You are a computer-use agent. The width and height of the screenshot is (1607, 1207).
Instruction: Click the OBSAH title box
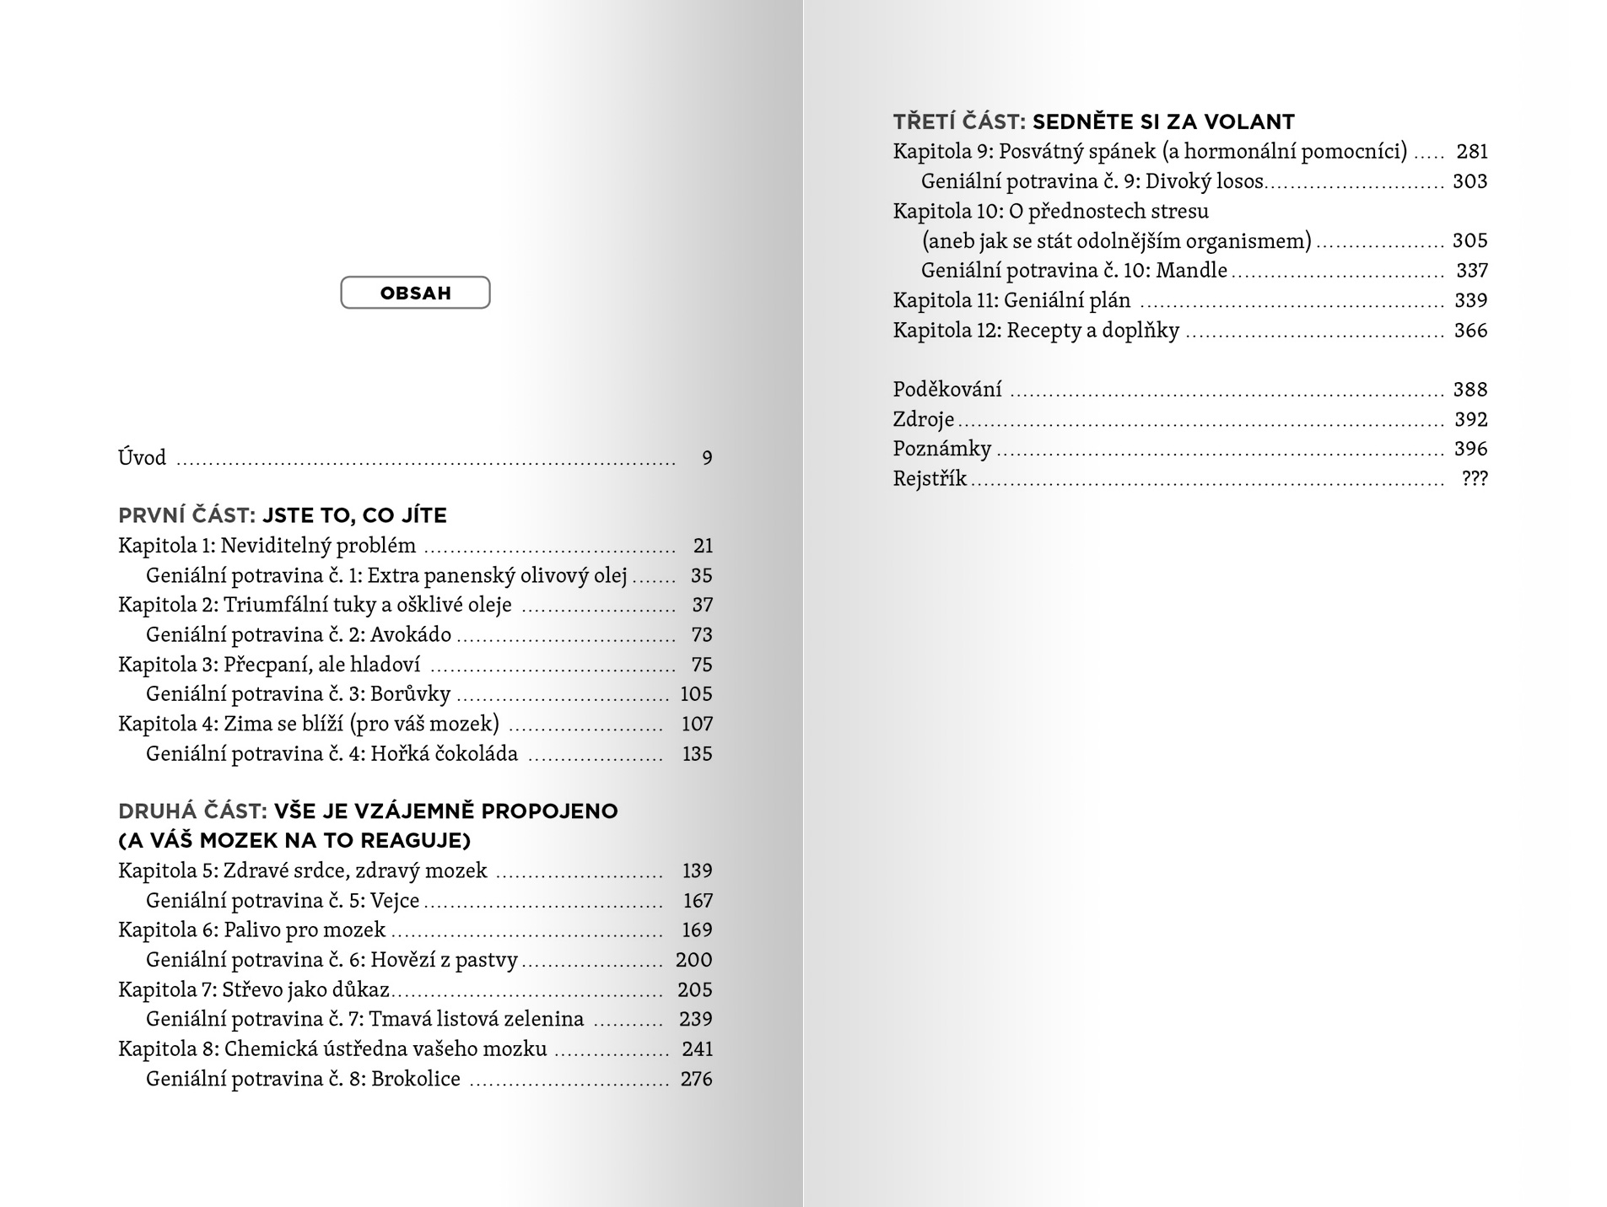[x=415, y=293]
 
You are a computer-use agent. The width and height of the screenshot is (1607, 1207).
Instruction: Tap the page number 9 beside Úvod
[x=707, y=458]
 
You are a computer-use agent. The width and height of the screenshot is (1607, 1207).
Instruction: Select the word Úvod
[x=143, y=458]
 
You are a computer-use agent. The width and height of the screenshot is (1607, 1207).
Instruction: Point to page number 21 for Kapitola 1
[x=703, y=546]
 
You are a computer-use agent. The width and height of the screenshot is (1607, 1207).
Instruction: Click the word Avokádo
[x=411, y=635]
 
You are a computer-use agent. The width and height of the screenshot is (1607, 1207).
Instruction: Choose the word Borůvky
[x=411, y=694]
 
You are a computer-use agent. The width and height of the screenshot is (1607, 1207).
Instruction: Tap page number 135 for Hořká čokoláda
[x=697, y=754]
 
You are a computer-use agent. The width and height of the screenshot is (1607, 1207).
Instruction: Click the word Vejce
[x=395, y=901]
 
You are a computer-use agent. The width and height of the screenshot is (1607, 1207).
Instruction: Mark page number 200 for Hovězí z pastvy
[x=693, y=960]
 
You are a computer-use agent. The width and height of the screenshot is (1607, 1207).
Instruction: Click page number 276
[x=696, y=1079]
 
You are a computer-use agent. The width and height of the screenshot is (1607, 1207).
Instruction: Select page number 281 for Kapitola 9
[x=1472, y=152]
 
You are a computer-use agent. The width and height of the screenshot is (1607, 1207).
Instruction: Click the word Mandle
[x=1192, y=271]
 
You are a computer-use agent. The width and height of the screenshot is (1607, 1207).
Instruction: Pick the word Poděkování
[x=947, y=390]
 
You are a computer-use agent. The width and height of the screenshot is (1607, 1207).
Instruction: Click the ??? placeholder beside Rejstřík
[x=1475, y=479]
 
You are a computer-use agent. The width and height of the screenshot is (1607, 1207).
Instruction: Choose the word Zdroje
[x=924, y=419]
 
